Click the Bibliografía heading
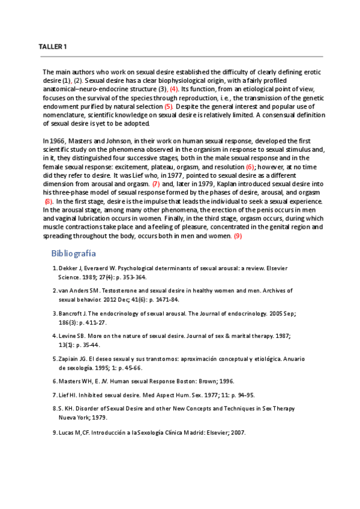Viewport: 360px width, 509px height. (x=73, y=253)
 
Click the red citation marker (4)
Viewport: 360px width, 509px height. (x=175, y=89)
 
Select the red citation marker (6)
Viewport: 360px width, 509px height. (x=250, y=166)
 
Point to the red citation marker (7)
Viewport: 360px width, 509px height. (x=155, y=184)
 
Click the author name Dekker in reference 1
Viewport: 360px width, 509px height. (x=68, y=268)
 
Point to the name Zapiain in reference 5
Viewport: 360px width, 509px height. (x=70, y=358)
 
